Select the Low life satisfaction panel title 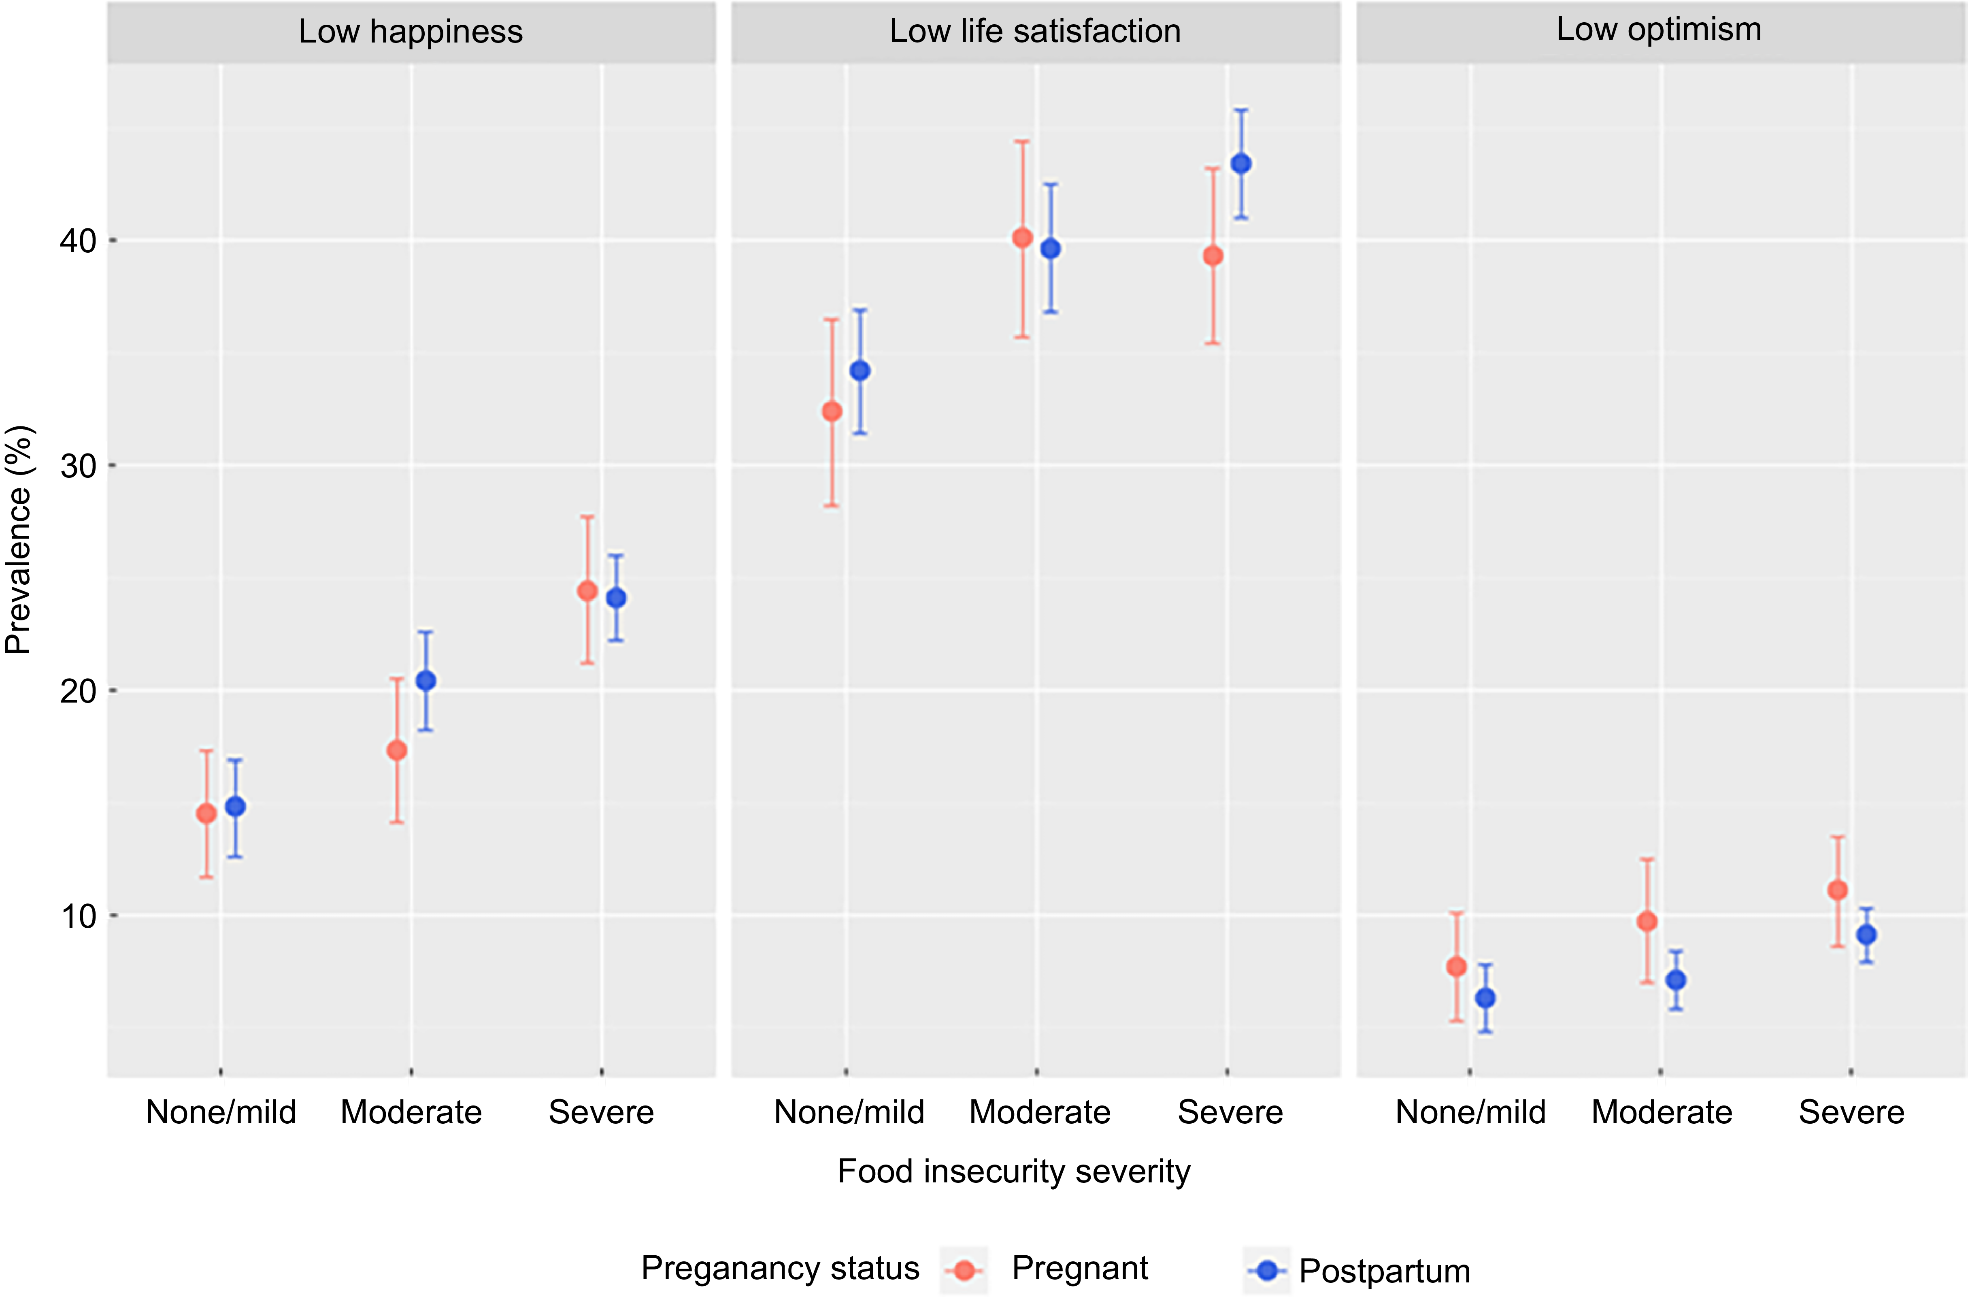(1035, 32)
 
